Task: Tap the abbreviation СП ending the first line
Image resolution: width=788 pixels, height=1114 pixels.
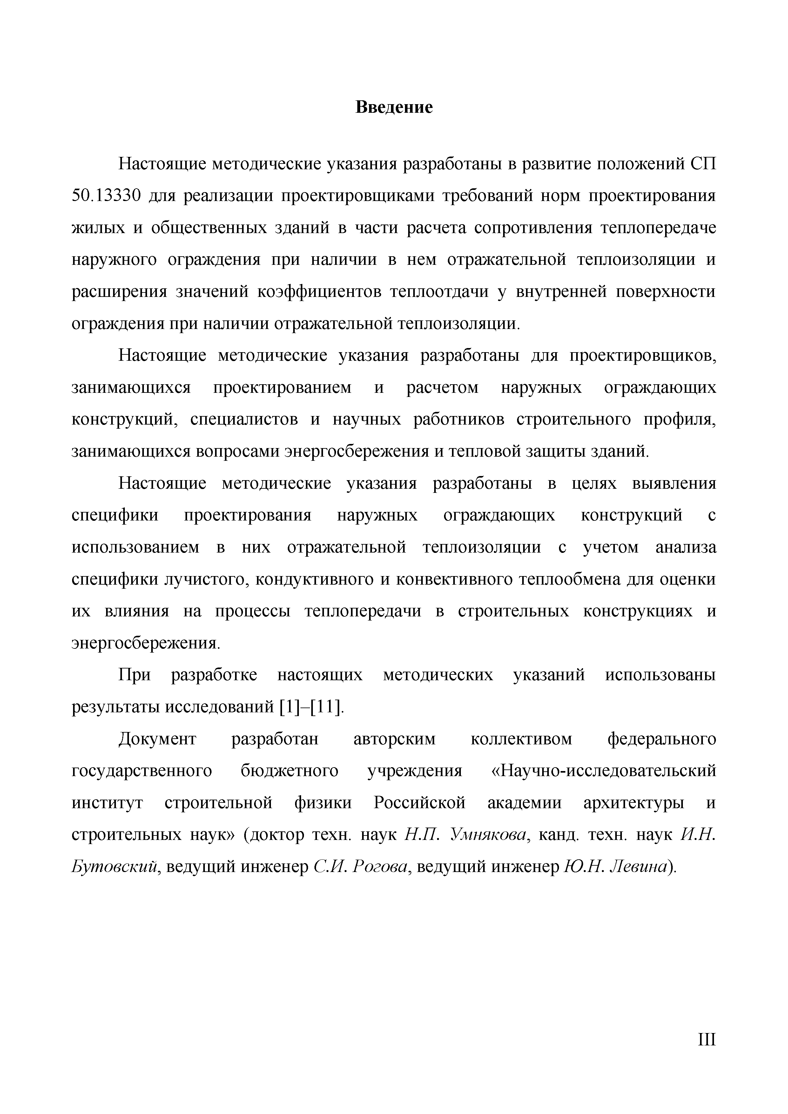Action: tap(703, 164)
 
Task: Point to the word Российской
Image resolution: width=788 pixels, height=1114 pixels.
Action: tap(419, 803)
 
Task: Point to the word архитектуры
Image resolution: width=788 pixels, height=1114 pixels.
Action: tap(633, 803)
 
